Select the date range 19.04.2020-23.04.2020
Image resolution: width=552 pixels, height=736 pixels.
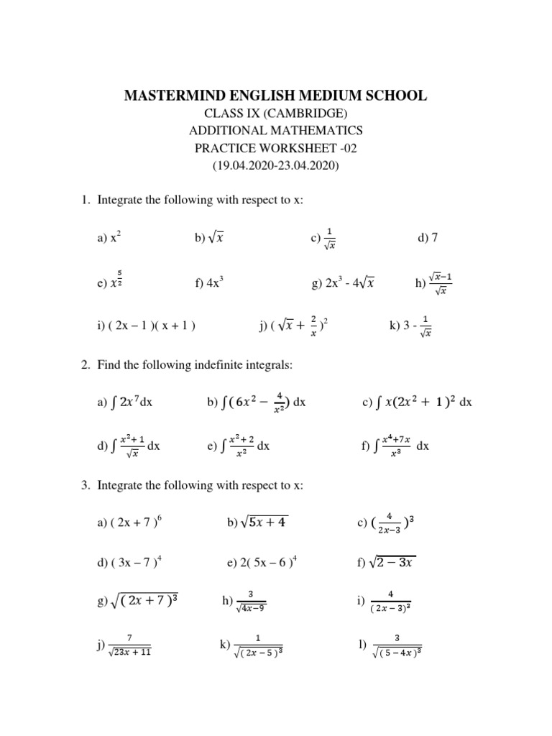[x=276, y=165]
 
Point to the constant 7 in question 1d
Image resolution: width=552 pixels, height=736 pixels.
[x=434, y=238]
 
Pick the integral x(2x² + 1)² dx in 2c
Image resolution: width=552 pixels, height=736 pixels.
[x=423, y=402]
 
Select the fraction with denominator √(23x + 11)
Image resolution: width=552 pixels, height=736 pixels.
[x=129, y=645]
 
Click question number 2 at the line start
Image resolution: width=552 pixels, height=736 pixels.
[x=84, y=365]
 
